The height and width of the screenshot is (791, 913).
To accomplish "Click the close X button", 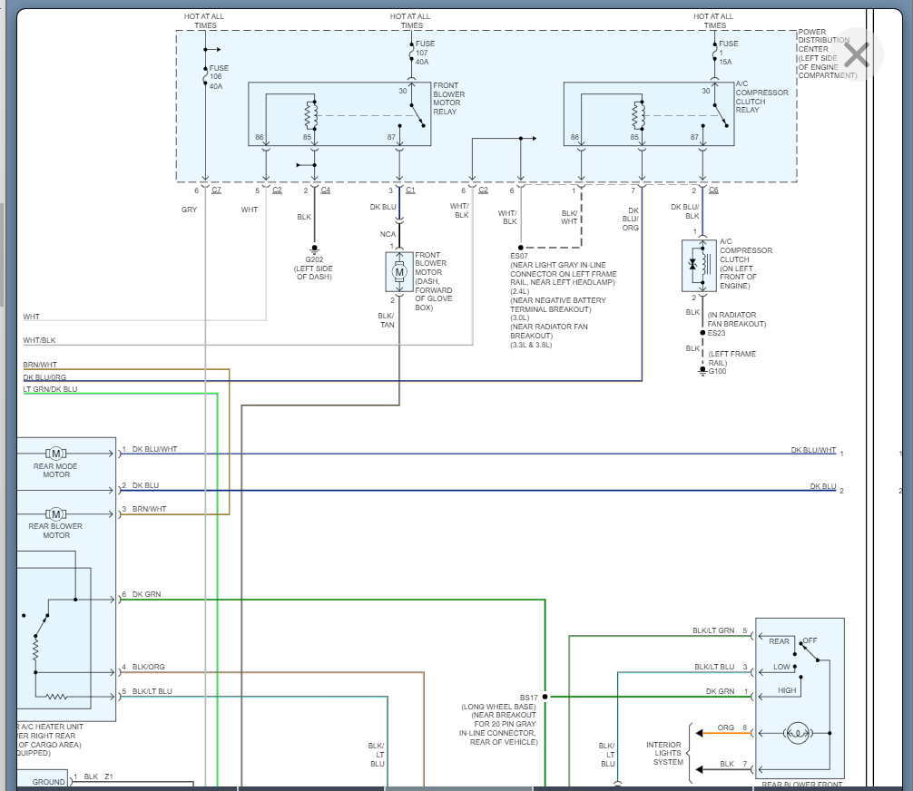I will coord(856,55).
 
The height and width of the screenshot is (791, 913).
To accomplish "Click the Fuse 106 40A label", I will coord(219,77).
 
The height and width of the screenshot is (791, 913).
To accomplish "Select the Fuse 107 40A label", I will coord(423,53).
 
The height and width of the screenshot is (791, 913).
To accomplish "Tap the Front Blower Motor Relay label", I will coord(448,103).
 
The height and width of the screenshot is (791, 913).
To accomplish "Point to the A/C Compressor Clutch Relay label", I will coord(761,97).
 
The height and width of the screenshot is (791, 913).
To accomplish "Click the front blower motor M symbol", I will coord(399,271).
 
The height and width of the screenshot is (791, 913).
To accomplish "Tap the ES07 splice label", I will coord(520,256).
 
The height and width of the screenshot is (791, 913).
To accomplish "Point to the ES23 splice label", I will coord(718,333).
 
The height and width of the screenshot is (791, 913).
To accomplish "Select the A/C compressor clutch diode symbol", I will coord(694,265).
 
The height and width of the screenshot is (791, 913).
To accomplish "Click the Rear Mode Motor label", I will coord(55,471).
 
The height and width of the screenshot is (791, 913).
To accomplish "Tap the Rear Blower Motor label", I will coord(55,531).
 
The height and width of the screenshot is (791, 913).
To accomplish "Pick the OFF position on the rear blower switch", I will coord(810,640).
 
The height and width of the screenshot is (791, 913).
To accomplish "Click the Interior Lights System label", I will coord(668,752).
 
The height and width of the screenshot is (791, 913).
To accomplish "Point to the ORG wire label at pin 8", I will coord(726,728).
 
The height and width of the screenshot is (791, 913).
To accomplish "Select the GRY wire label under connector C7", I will coord(189,210).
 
